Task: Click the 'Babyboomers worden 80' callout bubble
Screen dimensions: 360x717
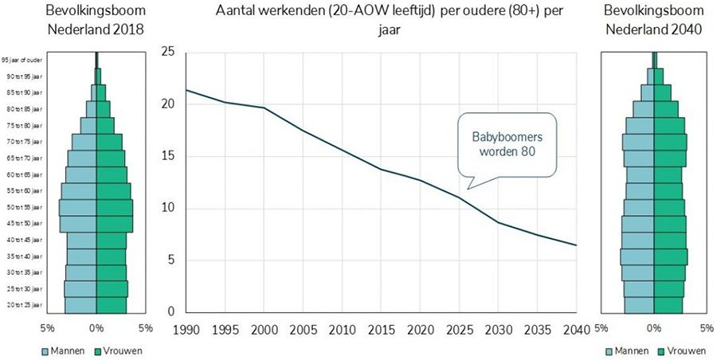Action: point(506,144)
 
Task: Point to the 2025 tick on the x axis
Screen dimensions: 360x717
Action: point(458,329)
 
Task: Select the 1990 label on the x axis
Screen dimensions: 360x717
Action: point(185,329)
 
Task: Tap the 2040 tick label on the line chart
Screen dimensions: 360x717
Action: point(575,329)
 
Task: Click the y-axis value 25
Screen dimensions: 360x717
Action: point(167,53)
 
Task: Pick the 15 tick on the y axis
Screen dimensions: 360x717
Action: point(167,157)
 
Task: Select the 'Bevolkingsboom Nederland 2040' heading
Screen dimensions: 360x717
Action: point(653,20)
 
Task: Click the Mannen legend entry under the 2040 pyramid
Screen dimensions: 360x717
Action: point(629,350)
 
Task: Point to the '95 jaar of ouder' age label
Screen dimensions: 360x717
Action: point(22,60)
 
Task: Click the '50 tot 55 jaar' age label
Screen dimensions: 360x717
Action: point(23,207)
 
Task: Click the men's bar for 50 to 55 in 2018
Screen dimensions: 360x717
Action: point(77,207)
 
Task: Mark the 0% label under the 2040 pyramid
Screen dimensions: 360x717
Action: point(654,327)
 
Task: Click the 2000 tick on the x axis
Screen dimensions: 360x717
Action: point(263,329)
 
